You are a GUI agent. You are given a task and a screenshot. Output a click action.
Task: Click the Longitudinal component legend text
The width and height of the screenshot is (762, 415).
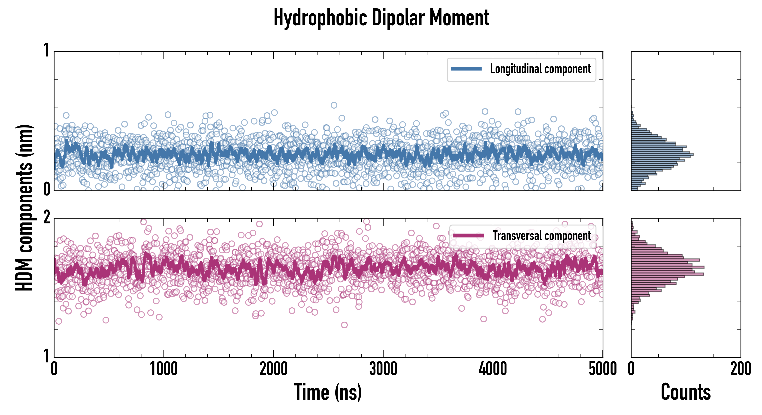540,69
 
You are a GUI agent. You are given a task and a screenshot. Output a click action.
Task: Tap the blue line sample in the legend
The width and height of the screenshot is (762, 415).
466,69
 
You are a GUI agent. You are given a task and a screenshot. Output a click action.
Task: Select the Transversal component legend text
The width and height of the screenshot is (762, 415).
542,236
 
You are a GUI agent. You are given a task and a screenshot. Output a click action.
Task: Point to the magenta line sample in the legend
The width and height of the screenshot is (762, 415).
469,236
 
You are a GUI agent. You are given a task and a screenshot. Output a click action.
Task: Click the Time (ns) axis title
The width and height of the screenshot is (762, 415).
328,392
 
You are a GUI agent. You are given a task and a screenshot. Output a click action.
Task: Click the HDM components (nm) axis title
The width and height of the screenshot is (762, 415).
24,208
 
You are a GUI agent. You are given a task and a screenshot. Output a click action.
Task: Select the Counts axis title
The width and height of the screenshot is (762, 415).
686,392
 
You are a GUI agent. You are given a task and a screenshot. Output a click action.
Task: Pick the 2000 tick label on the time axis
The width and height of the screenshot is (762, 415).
274,369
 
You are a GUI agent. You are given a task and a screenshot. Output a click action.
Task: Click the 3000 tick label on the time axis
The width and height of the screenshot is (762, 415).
383,369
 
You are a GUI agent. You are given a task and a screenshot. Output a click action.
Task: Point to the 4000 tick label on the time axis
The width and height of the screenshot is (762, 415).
493,369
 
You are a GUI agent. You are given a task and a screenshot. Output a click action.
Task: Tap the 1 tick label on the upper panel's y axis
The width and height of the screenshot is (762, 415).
46,50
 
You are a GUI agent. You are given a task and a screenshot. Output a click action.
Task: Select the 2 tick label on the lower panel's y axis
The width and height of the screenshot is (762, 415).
46,218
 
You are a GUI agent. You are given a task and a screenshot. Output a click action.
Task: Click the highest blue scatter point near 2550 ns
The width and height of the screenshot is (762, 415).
334,105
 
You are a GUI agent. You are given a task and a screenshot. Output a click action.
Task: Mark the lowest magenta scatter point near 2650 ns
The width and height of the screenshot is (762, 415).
344,325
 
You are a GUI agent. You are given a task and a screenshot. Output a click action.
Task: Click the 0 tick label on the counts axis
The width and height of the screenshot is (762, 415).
631,369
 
